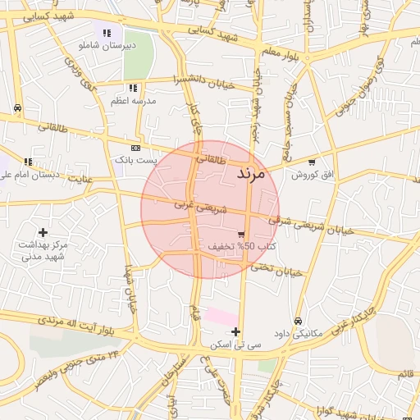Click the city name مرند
(x=251, y=174)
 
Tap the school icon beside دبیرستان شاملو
(x=106, y=34)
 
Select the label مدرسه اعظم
(x=134, y=101)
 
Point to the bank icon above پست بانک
(x=135, y=148)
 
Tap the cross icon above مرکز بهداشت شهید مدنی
(x=43, y=233)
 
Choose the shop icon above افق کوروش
(x=312, y=162)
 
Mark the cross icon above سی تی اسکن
(x=236, y=332)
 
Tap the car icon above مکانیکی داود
(x=297, y=321)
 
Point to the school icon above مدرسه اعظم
(x=133, y=89)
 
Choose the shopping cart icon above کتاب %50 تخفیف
(x=240, y=235)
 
